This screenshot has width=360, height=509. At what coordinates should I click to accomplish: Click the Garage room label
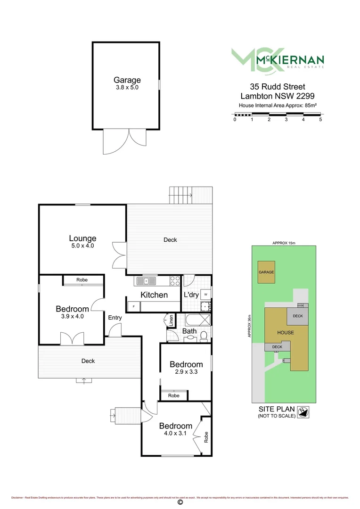[x=127, y=80]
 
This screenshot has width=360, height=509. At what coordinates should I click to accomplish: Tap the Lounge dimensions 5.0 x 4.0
[x=82, y=246]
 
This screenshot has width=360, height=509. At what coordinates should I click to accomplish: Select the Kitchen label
[x=154, y=295]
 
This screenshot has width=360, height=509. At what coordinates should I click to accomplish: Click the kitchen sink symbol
[x=147, y=281]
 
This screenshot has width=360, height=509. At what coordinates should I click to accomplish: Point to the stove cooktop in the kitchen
[x=174, y=281]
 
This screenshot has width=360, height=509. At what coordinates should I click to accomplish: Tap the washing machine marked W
[x=205, y=295]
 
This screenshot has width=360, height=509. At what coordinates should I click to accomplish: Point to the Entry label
[x=115, y=318]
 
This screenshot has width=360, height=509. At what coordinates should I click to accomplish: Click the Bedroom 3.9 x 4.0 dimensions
[x=72, y=316]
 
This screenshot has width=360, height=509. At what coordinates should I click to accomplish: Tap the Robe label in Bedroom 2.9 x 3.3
[x=174, y=395]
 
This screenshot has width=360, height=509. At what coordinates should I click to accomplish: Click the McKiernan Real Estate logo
[x=277, y=60]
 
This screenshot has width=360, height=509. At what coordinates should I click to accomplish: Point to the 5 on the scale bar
[x=320, y=120]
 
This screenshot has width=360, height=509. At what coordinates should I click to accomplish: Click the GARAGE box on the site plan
[x=266, y=272]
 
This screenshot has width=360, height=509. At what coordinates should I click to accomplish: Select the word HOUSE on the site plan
[x=285, y=332]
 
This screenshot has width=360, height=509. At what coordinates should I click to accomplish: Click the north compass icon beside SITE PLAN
[x=305, y=412]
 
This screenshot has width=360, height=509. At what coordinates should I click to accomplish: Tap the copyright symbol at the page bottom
[x=180, y=502]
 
